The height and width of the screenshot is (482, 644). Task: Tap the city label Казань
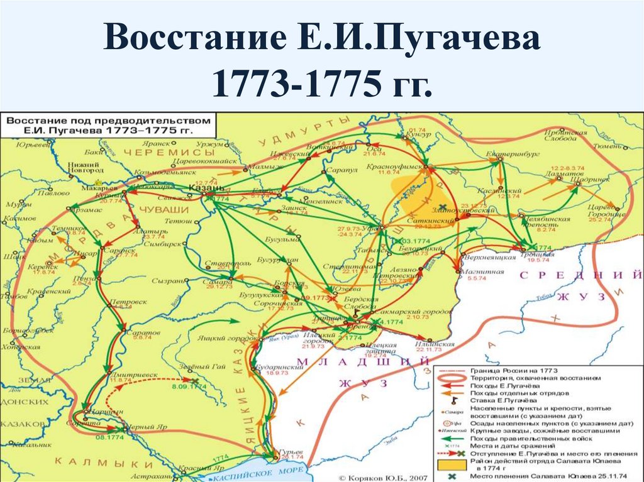[x=206, y=188]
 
